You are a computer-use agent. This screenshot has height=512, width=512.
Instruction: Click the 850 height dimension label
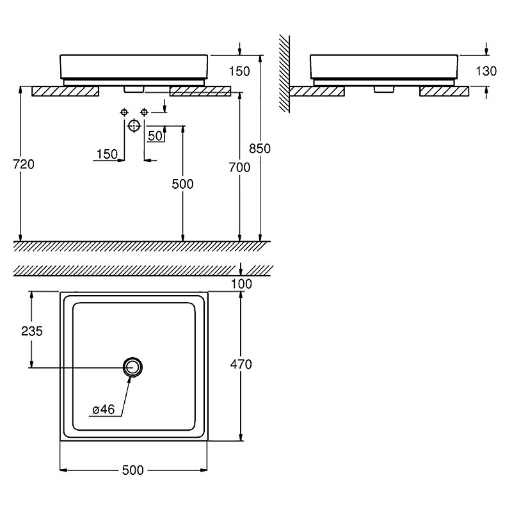[x=260, y=148]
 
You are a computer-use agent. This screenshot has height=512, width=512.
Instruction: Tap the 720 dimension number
[x=24, y=164]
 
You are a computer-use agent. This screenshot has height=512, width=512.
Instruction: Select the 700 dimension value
[x=239, y=167]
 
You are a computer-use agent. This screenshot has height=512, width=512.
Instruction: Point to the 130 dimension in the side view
[x=486, y=71]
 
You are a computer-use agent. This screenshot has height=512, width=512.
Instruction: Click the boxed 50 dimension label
[x=155, y=136]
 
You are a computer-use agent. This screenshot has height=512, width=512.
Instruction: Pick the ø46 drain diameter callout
[x=104, y=409]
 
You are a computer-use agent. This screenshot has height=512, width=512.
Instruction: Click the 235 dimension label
[x=32, y=331]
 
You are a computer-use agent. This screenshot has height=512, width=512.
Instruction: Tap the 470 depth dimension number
[x=241, y=364]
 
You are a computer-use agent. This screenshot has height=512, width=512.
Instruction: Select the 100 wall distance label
[x=242, y=284]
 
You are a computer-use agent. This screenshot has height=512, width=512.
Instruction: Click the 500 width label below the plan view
[x=133, y=470]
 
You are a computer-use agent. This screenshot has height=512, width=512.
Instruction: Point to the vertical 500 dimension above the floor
[x=182, y=184]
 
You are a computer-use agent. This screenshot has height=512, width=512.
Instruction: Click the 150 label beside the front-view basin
[x=239, y=71]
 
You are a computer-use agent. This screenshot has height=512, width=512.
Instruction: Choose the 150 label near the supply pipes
[x=107, y=154]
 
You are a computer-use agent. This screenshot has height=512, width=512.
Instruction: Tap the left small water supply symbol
[x=124, y=113]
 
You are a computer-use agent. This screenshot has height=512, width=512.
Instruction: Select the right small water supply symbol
[x=144, y=113]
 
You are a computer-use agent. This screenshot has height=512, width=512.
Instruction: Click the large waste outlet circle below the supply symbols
[x=134, y=125]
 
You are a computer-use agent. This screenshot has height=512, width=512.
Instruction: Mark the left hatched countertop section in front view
[x=65, y=92]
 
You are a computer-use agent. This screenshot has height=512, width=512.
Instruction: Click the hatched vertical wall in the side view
[x=284, y=74]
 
